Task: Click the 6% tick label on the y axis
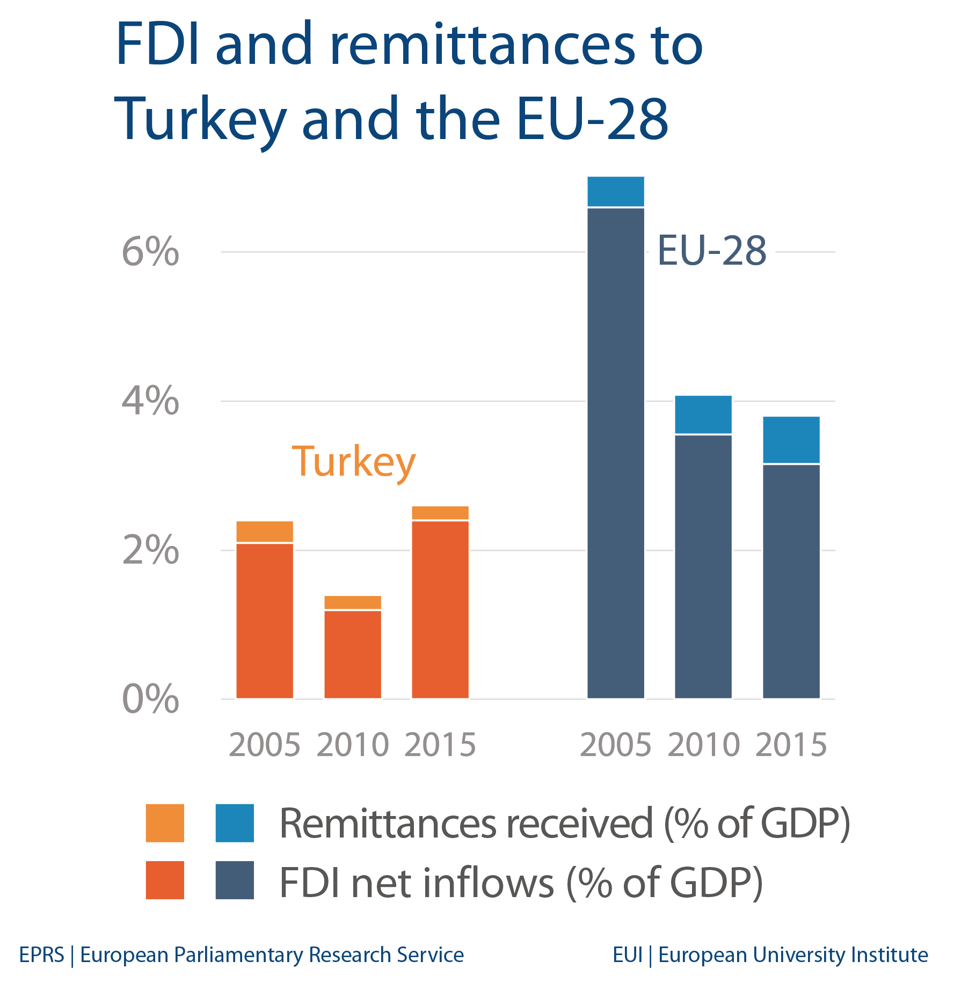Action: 150,252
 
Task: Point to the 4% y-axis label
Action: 150,401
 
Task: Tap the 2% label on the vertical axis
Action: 150,550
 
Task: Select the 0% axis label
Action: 150,700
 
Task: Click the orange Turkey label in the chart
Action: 354,462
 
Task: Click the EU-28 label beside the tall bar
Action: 712,251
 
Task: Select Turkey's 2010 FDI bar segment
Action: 353,654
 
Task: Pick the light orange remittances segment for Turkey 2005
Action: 265,531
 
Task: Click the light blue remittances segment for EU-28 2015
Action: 791,439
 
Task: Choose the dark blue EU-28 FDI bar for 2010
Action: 703,566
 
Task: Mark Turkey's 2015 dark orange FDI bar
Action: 440,609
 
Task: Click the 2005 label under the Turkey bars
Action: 265,745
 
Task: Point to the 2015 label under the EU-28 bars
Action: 791,745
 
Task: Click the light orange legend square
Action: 165,823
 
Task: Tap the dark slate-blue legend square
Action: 235,880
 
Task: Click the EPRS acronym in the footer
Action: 41,955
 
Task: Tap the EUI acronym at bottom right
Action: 627,955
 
